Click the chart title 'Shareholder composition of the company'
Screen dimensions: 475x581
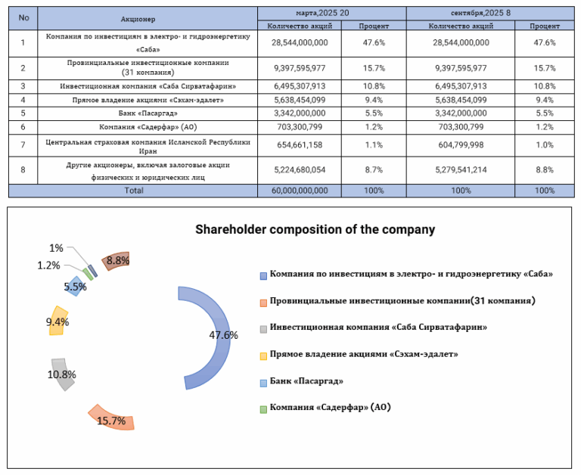(x=315, y=229)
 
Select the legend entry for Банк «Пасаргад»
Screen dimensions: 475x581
(x=306, y=380)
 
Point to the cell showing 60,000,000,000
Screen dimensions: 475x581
(x=298, y=191)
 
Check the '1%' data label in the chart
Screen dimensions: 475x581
(x=56, y=248)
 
